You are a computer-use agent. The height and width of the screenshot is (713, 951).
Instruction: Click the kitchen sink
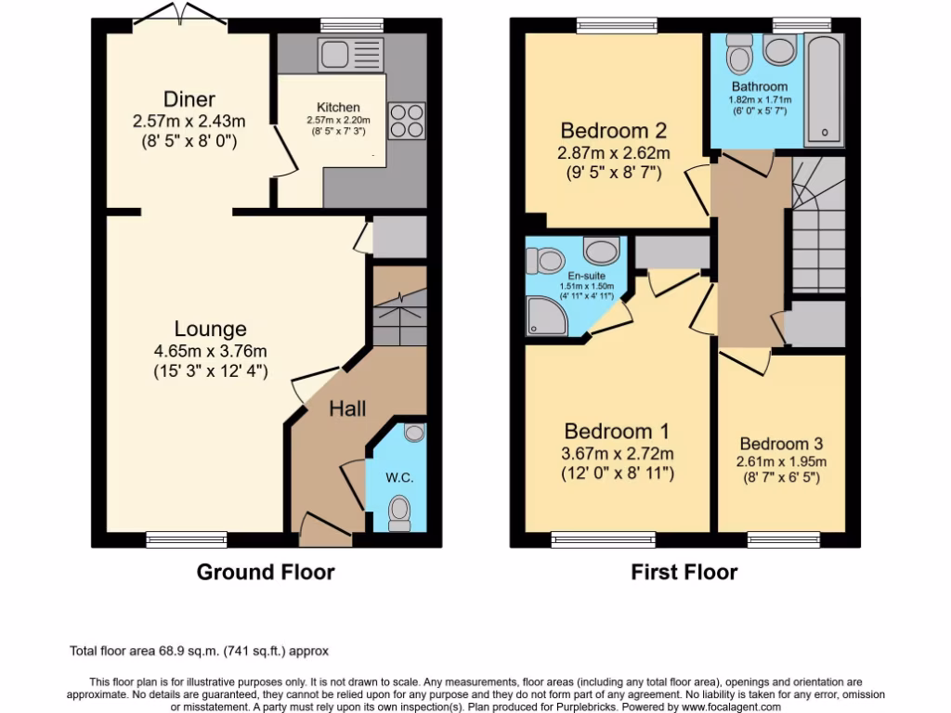click(349, 54)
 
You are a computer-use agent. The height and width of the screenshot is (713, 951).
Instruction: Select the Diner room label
click(189, 99)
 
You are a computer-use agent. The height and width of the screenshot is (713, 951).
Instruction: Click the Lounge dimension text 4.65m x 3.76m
click(211, 351)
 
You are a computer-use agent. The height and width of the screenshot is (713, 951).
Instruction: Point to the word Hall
click(347, 408)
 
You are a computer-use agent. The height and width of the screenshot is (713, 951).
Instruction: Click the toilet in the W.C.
click(400, 508)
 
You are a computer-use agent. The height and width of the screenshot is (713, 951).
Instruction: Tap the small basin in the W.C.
click(414, 432)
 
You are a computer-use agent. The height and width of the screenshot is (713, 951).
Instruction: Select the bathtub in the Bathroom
click(825, 90)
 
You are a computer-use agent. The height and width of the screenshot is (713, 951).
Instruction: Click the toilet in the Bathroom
click(740, 56)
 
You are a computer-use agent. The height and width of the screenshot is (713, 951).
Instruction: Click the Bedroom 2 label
click(613, 131)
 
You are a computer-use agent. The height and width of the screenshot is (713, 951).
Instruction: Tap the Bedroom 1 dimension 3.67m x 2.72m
click(617, 453)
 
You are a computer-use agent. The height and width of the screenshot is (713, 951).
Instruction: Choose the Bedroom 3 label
click(781, 444)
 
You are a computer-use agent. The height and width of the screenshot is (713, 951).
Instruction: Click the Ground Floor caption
click(265, 572)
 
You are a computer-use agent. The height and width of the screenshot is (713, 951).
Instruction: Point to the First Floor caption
click(684, 572)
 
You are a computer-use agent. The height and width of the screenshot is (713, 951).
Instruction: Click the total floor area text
click(200, 651)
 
